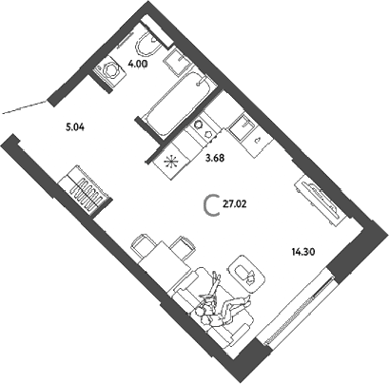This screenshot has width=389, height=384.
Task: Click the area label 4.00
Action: tap(138, 64)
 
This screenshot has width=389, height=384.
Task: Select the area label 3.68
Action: tap(215, 158)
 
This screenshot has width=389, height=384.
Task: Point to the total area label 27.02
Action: tap(235, 204)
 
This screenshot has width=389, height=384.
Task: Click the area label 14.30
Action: tap(303, 252)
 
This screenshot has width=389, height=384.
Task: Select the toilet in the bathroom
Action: tap(149, 45)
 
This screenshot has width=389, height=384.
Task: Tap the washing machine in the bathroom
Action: tap(109, 70)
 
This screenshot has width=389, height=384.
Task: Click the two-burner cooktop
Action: tap(203, 129)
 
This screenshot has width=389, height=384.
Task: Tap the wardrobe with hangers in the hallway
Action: tap(86, 192)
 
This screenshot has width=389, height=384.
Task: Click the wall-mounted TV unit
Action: tap(318, 200)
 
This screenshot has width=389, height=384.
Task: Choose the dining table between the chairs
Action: tap(165, 259)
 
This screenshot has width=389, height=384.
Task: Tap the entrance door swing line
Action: tap(25, 106)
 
